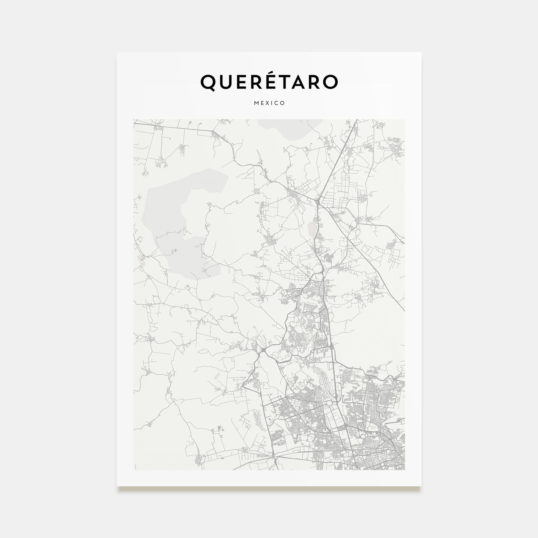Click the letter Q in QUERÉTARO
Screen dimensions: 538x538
208,82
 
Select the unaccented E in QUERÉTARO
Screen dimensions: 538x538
244,82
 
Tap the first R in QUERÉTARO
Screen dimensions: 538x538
259,82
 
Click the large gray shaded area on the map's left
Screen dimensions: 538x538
178,223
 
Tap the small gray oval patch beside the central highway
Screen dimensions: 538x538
311,229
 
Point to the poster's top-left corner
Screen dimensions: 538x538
117,52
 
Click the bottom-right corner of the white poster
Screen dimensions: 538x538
421,486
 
